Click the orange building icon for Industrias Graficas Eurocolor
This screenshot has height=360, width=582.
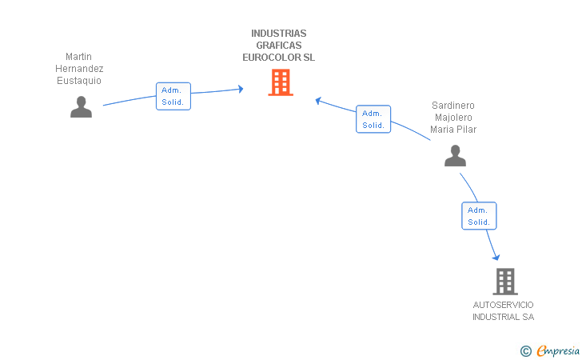pyautogui.click(x=281, y=82)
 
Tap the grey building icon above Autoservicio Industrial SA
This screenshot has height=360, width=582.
pyautogui.click(x=505, y=282)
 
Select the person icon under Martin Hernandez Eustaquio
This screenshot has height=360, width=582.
pyautogui.click(x=81, y=107)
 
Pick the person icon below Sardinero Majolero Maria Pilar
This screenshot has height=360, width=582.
pyautogui.click(x=455, y=156)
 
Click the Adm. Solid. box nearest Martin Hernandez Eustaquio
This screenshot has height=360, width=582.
pyautogui.click(x=173, y=96)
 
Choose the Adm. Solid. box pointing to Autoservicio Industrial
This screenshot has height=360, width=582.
pyautogui.click(x=479, y=216)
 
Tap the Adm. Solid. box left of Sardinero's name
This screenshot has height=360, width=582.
pyautogui.click(x=373, y=119)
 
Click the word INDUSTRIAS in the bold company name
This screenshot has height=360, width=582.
pyautogui.click(x=279, y=34)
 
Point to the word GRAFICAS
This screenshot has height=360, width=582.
pyautogui.click(x=279, y=46)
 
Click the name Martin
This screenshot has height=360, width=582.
pyautogui.click(x=78, y=57)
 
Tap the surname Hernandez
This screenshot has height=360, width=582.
pyautogui.click(x=79, y=69)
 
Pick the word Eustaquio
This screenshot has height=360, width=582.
pyautogui.click(x=79, y=81)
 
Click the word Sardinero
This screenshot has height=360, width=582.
pyautogui.click(x=453, y=106)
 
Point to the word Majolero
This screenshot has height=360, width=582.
pyautogui.click(x=453, y=118)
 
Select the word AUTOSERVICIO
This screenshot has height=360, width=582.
pyautogui.click(x=504, y=305)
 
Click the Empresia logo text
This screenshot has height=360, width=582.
pyautogui.click(x=558, y=350)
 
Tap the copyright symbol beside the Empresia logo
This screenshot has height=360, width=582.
pyautogui.click(x=526, y=351)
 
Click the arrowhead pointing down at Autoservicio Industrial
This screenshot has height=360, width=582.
pyautogui.click(x=496, y=258)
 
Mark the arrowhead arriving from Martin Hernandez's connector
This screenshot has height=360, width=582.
pyautogui.click(x=241, y=89)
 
